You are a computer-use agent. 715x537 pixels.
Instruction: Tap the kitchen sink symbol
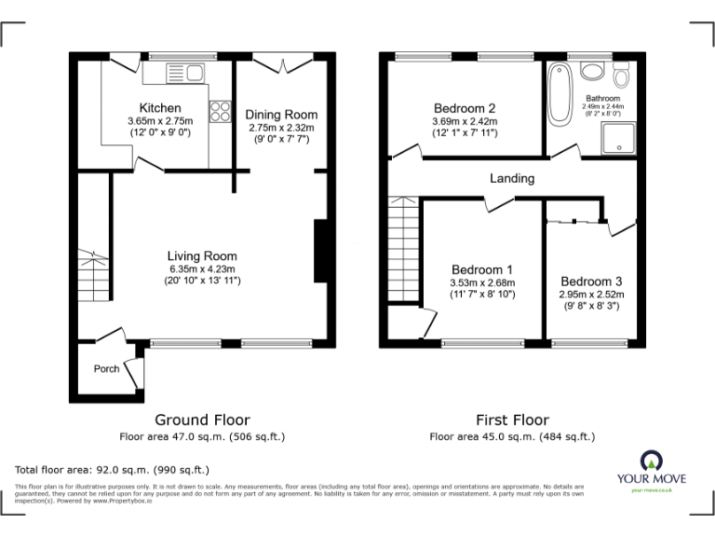(x=186, y=72)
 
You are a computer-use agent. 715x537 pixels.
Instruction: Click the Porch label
(x=107, y=368)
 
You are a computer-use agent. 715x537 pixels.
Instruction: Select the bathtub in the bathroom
(x=560, y=93)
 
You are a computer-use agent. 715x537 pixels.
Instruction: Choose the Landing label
(x=512, y=178)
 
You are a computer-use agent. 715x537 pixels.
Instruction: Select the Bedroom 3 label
(x=591, y=282)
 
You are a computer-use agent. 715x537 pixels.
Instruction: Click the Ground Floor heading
(x=202, y=420)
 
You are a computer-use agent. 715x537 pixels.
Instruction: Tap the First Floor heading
(x=511, y=420)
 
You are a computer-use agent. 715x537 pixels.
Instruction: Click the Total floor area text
(x=113, y=470)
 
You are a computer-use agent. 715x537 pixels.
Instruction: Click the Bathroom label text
(x=602, y=98)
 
